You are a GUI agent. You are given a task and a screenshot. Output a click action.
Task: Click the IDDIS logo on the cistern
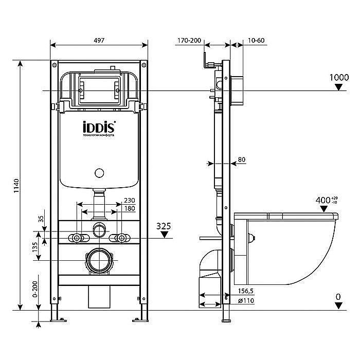click(99, 127)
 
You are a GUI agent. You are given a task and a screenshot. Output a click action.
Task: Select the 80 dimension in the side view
click(242, 160)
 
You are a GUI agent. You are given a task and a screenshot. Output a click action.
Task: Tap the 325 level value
click(164, 225)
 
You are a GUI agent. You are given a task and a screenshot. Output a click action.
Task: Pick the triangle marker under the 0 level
click(338, 305)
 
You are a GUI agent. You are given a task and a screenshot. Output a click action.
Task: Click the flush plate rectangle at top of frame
click(100, 90)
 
